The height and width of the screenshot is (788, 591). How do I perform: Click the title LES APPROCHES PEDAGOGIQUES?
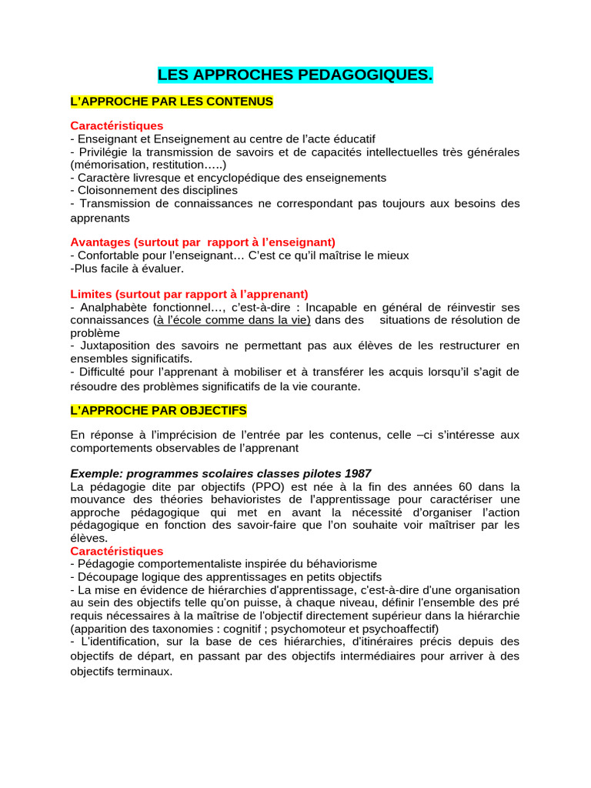295,75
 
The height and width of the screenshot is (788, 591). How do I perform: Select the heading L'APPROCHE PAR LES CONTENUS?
172,102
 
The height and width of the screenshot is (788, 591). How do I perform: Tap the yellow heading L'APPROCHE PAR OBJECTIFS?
159,411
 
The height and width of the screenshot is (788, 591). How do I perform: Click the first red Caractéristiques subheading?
117,125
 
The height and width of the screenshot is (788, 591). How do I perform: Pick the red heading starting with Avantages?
203,242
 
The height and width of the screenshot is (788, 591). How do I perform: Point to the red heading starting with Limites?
189,294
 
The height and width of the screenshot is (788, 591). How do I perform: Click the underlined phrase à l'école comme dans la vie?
232,320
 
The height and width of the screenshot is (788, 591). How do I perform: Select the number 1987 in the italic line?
358,473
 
